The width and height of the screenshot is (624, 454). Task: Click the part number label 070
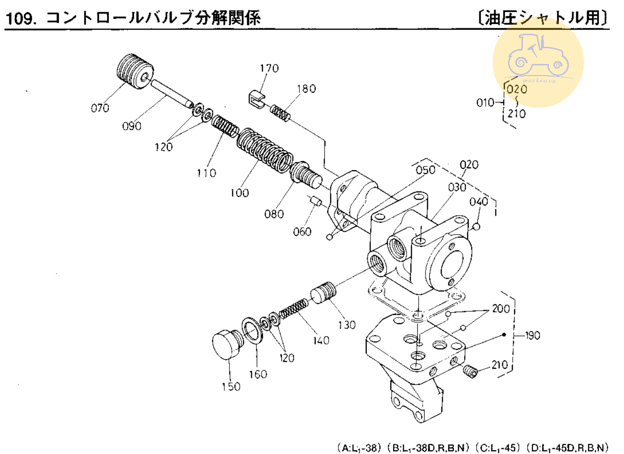point(100,108)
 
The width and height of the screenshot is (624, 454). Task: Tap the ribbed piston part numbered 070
point(135,71)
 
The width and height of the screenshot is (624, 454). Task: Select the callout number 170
point(269,69)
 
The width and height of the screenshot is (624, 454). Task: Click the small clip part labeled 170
point(255,99)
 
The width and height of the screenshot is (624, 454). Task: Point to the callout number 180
point(306,89)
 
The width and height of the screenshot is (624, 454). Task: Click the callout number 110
point(206,173)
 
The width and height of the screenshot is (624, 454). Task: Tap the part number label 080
point(274,214)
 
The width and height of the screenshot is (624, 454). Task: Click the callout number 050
point(425,170)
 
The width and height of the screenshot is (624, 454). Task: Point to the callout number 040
point(478,202)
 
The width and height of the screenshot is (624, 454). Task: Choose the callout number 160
point(258,374)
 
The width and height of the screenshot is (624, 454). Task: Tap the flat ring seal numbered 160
point(252,331)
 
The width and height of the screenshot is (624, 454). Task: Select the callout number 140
point(321,340)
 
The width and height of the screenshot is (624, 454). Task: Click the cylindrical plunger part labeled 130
point(324,293)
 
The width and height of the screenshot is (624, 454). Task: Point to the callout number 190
point(532,335)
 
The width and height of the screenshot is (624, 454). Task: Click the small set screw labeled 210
point(470,371)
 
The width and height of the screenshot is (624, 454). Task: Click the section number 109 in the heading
point(20,19)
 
